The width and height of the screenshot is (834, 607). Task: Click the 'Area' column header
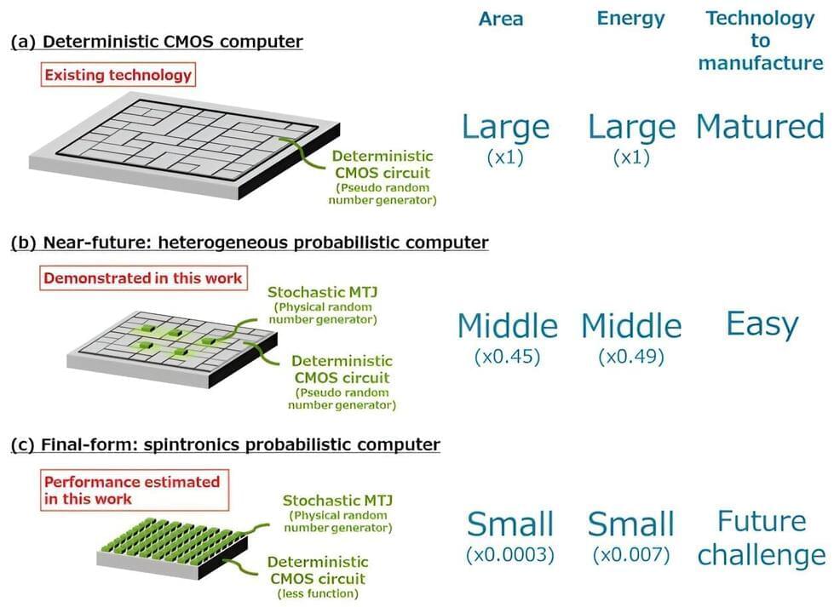[x=501, y=19]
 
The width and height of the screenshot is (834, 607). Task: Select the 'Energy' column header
[x=630, y=19]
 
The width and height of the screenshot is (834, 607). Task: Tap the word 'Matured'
[x=761, y=127]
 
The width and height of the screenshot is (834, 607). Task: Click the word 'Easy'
[x=762, y=324]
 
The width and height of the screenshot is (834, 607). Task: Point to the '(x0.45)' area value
[x=508, y=357]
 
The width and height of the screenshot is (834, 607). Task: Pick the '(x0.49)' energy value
[x=631, y=357]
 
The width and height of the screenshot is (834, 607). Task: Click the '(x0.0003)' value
[x=510, y=555]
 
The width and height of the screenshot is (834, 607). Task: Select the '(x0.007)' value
[x=631, y=555]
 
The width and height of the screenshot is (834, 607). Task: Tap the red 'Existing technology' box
[x=118, y=75]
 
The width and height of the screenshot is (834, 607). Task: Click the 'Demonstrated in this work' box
[x=143, y=278]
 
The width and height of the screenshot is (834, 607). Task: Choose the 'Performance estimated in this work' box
[x=135, y=490]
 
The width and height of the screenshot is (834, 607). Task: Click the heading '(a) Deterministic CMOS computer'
[x=157, y=42]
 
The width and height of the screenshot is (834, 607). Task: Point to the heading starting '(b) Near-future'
[x=250, y=243]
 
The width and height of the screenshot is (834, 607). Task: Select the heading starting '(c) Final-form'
[x=226, y=444]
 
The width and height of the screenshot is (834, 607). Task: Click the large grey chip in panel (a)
[x=184, y=145]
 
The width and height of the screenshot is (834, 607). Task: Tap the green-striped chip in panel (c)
[x=172, y=550]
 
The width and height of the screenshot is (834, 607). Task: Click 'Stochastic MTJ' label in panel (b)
[x=323, y=292]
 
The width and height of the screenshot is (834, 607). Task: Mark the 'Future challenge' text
[x=762, y=538]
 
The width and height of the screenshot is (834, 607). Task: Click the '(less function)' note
[x=318, y=593]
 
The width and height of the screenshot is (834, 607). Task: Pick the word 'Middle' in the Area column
[x=508, y=325]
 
